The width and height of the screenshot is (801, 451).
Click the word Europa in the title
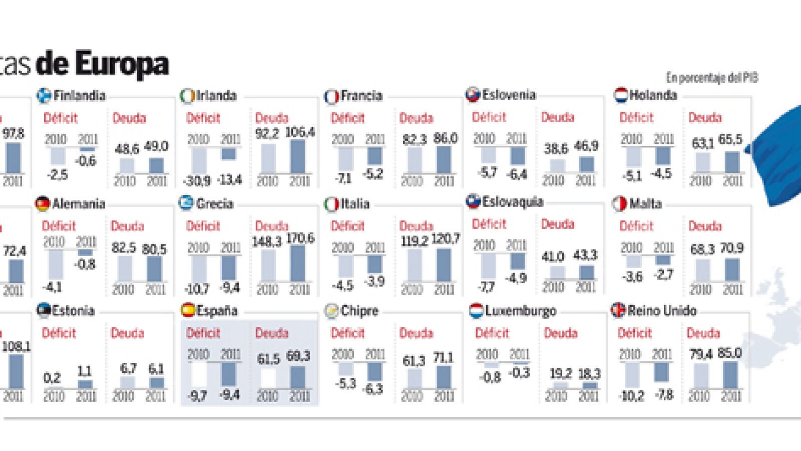(x=122, y=65)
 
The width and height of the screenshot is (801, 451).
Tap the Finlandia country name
(x=79, y=95)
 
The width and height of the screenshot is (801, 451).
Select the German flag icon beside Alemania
(x=43, y=203)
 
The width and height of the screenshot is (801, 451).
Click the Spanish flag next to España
(x=188, y=310)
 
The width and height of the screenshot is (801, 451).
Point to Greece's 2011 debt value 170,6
(x=300, y=238)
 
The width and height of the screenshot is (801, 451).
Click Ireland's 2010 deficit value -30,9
(x=197, y=180)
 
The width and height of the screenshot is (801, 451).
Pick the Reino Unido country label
(x=662, y=311)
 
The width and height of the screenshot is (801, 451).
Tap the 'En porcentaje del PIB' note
(x=711, y=78)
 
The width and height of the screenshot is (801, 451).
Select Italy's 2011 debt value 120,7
(x=446, y=239)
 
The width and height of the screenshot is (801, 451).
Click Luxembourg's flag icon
(x=476, y=311)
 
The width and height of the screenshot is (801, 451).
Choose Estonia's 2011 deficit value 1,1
(x=85, y=371)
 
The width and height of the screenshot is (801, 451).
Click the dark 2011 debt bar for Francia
(x=444, y=160)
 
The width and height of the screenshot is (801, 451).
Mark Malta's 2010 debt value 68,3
(x=702, y=249)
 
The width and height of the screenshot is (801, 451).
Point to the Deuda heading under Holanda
(x=705, y=117)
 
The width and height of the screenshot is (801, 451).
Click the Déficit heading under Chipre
(x=347, y=333)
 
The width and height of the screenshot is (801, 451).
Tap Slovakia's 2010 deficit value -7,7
(x=486, y=287)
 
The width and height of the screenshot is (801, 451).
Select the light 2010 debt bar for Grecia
(x=268, y=266)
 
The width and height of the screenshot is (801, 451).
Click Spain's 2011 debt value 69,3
(x=298, y=357)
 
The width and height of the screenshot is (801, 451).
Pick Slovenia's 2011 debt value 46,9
(x=586, y=146)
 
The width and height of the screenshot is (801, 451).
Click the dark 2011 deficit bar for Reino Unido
(x=661, y=372)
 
